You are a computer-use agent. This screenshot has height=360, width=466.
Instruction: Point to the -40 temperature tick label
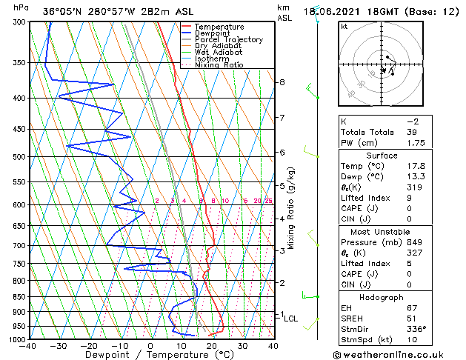coord(29,346)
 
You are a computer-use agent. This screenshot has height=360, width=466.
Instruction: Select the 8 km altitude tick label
coord(282,81)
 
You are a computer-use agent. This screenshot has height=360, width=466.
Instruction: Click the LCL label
coord(291,319)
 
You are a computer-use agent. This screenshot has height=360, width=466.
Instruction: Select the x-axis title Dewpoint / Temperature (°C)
coord(151,355)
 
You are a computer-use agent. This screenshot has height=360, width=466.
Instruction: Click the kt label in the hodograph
coord(344,26)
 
